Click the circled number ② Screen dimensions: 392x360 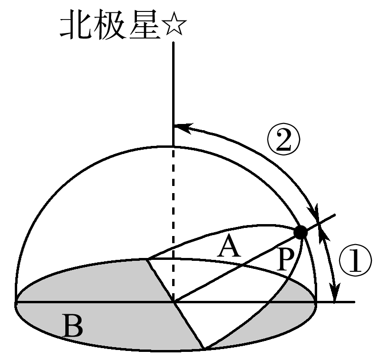284,140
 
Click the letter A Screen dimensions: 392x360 229,247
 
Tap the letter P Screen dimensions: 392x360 285,261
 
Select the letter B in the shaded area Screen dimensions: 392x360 73,326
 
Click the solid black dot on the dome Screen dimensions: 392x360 300,233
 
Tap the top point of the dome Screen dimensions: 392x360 173,146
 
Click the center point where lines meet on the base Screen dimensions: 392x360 174,302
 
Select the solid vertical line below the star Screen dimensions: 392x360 173,94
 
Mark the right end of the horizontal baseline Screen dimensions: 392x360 354,302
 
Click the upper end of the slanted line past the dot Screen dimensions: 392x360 334,215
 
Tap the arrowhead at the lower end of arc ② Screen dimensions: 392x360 314,213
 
